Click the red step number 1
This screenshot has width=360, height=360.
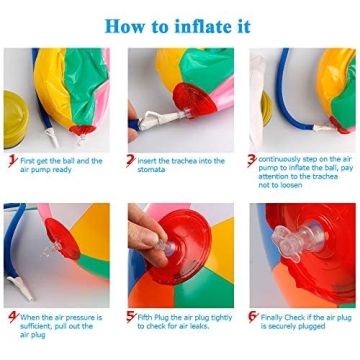click(x=11, y=160)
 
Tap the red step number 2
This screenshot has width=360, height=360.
click(x=130, y=160)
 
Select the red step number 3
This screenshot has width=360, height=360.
click(x=251, y=160)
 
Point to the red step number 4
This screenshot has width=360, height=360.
click(x=11, y=317)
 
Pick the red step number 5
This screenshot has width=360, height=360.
click(x=130, y=317)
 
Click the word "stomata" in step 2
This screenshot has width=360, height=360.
click(x=153, y=169)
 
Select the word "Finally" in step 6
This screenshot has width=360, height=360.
click(x=272, y=315)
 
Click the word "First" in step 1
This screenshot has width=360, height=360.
click(x=29, y=160)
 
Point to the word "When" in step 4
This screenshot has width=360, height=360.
click(x=31, y=315)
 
